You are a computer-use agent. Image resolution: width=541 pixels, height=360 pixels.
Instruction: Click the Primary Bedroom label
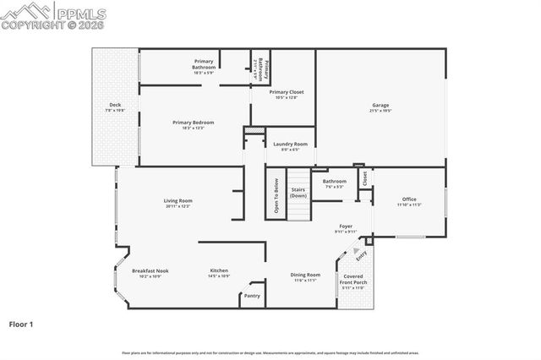[x=194, y=123]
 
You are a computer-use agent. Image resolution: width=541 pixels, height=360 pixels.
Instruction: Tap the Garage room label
[x=380, y=106]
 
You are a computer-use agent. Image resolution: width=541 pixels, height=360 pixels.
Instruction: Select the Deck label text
[x=115, y=106]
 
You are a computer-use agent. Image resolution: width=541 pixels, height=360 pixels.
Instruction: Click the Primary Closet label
[x=287, y=91]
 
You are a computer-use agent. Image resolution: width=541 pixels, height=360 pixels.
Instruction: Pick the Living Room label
[x=178, y=200]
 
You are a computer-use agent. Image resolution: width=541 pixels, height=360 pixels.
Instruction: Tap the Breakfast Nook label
[x=150, y=270]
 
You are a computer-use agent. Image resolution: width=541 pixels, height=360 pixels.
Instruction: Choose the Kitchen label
[x=219, y=270]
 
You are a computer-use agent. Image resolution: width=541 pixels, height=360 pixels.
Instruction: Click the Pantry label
[x=252, y=296]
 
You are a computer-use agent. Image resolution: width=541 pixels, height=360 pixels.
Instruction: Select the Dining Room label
[x=306, y=275]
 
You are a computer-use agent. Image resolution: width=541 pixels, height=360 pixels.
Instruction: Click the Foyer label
[x=346, y=226]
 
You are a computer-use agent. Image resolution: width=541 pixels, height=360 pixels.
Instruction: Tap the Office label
[x=409, y=199]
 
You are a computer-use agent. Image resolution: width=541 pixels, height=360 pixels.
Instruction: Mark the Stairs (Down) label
[x=298, y=193]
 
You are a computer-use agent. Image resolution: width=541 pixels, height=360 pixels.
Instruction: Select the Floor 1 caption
[x=21, y=324]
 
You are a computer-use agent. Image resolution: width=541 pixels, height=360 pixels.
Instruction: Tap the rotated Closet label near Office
[x=365, y=178]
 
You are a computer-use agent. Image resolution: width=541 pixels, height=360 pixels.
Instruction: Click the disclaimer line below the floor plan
[x=270, y=352]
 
